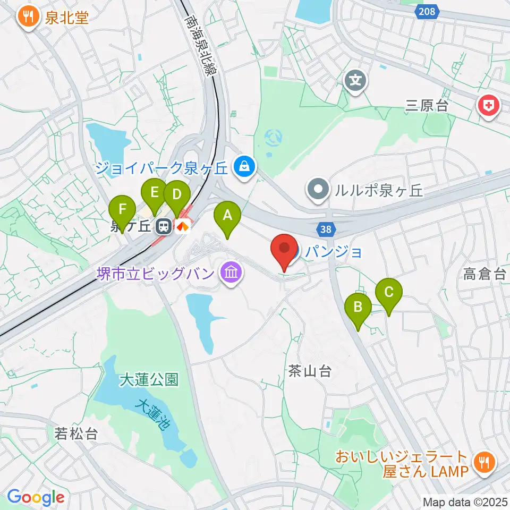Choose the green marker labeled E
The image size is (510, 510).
point(155,192)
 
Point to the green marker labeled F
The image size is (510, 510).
point(123,208)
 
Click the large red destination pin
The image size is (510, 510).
point(285,249)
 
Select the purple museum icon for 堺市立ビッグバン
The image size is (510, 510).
point(231,274)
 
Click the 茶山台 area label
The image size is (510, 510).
point(311,371)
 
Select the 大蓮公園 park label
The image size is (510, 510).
point(149,379)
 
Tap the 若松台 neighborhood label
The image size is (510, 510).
point(76,433)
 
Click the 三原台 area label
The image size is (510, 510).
point(427,105)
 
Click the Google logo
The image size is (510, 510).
point(36,497)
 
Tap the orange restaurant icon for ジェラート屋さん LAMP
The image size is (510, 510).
point(483,462)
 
